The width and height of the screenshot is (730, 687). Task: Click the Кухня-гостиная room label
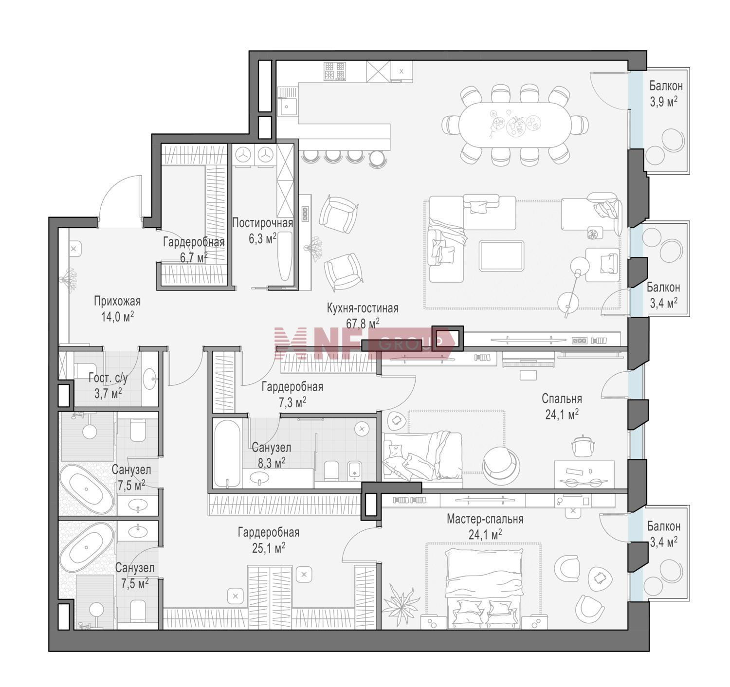coord(363,308)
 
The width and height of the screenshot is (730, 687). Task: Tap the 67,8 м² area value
coord(363,324)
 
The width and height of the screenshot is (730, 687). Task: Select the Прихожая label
coord(117,301)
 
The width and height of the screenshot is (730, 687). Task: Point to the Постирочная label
coord(263,223)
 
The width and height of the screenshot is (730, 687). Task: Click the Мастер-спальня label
coord(485,519)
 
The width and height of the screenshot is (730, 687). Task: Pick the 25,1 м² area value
coord(269,548)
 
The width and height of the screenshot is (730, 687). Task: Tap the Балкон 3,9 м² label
coord(666,94)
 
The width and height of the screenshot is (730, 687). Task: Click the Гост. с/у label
coord(108,378)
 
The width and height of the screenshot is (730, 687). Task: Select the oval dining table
coord(514,125)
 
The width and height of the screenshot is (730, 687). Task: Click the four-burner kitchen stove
coord(334,72)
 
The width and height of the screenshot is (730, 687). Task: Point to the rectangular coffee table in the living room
coord(501,255)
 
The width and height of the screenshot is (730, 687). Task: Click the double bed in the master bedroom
coord(484,588)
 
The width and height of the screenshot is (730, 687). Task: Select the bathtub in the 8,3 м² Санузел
coord(227,454)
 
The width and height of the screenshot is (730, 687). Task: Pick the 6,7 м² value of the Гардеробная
coord(194,258)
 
